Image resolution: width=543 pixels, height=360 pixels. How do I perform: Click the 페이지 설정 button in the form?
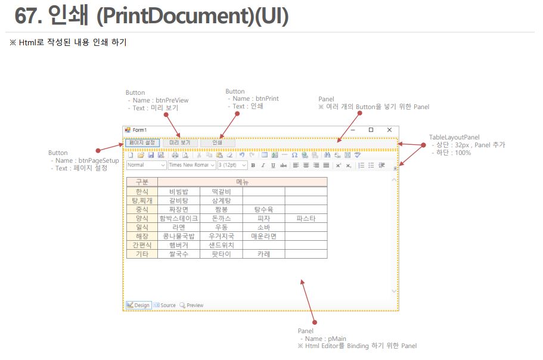point(142,142)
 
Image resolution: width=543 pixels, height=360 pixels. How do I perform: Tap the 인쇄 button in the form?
point(218,142)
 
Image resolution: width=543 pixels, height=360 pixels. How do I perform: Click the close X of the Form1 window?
point(389,130)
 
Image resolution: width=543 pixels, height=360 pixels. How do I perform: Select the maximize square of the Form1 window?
point(371,130)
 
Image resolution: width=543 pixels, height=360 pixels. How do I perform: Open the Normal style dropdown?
point(146,165)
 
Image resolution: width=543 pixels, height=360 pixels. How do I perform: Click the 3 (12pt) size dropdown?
point(232,165)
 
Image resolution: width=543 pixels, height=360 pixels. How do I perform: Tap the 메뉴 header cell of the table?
point(242,182)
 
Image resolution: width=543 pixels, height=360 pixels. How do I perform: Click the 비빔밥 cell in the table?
point(179,192)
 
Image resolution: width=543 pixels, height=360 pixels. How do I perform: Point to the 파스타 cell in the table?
point(306,219)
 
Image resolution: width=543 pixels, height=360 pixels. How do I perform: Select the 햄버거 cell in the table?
point(179,245)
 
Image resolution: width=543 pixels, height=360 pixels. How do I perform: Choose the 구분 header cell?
point(142,182)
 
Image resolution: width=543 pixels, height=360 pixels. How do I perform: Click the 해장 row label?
point(142,236)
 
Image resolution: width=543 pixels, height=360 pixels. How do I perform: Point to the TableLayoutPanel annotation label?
point(454,138)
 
